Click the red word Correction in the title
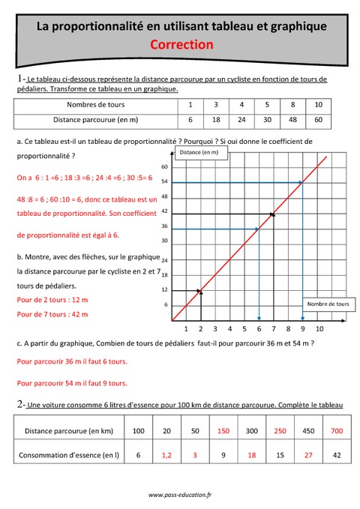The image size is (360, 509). pyautogui.click(x=181, y=44)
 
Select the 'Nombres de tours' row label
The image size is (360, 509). pyautogui.click(x=96, y=105)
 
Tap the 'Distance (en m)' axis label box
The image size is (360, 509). pyautogui.click(x=199, y=153)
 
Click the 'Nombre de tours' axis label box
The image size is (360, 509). pyautogui.click(x=328, y=304)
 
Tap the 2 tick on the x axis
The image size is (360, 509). pyautogui.click(x=199, y=328)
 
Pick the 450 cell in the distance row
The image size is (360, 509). pyautogui.click(x=307, y=432)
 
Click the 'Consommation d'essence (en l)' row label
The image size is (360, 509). pyautogui.click(x=69, y=454)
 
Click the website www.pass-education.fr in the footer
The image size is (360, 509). pyautogui.click(x=181, y=495)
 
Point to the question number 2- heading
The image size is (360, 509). pyautogui.click(x=20, y=404)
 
